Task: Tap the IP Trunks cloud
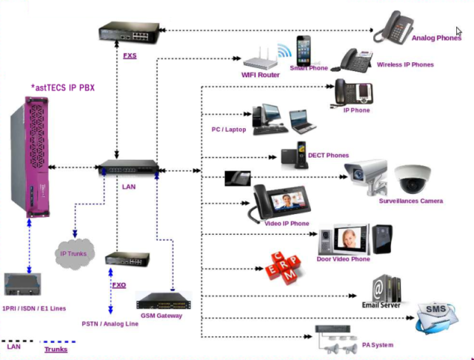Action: click(x=73, y=254)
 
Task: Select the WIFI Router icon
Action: click(x=259, y=59)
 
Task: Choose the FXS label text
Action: click(x=129, y=56)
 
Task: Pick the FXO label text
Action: click(x=118, y=284)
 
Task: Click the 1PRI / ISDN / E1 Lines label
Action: click(x=34, y=307)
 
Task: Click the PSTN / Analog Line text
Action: click(x=110, y=324)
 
